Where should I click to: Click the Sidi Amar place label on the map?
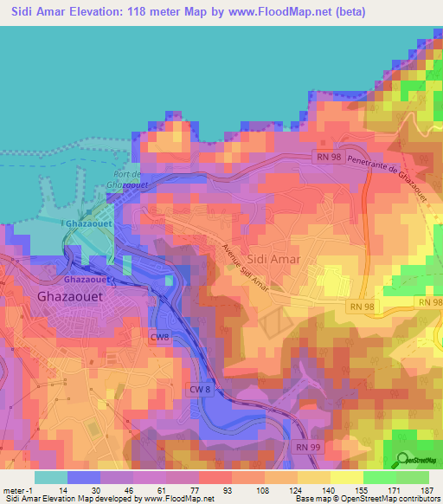click(273, 259)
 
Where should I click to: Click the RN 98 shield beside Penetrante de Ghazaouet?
click(324, 155)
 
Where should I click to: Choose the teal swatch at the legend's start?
click(50, 476)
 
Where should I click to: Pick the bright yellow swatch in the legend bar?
click(345, 476)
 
